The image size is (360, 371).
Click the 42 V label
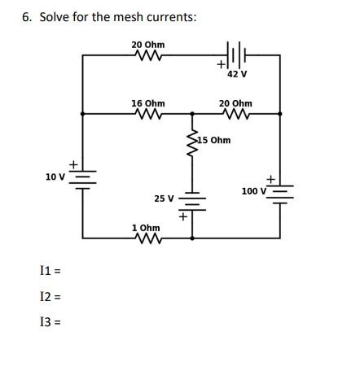click(237, 74)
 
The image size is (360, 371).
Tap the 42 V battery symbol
click(235, 57)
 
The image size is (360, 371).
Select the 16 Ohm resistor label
click(147, 103)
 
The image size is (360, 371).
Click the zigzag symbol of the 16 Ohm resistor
click(147, 115)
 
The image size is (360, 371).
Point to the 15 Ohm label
click(214, 140)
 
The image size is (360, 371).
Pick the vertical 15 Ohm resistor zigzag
click(193, 142)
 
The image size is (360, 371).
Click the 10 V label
click(55, 176)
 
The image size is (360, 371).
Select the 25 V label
click(164, 198)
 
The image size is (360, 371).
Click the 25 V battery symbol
click(193, 201)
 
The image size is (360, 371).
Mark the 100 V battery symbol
click(281, 192)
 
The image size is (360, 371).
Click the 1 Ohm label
click(146, 228)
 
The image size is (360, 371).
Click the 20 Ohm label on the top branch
click(147, 44)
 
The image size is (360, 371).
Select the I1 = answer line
click(50, 269)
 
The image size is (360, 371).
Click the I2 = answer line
click(50, 299)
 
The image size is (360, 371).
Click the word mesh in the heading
click(109, 17)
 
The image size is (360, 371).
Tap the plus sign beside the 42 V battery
click(220, 63)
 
